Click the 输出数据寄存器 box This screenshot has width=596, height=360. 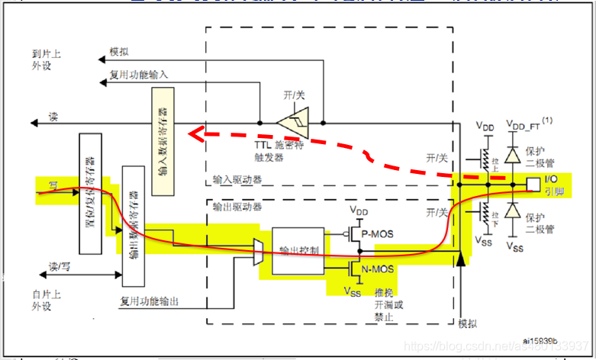134,226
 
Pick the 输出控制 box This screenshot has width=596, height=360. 298,250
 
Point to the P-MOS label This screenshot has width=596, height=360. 378,234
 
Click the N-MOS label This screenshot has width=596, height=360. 378,268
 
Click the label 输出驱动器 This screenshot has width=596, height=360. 237,207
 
